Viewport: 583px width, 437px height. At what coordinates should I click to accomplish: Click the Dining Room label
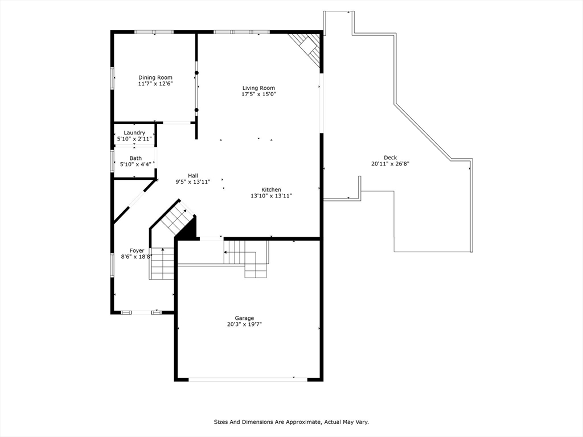[155, 77]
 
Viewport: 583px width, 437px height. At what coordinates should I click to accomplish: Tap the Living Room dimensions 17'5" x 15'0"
[258, 94]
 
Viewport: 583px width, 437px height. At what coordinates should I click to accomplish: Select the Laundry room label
[134, 133]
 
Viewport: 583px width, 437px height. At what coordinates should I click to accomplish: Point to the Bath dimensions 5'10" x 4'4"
[135, 164]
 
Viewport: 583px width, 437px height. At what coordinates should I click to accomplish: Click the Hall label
[193, 175]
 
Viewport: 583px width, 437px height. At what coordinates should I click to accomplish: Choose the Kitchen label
[271, 189]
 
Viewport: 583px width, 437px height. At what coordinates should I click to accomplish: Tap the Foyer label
[137, 250]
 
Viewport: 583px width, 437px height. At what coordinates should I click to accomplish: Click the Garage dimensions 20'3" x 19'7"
[244, 324]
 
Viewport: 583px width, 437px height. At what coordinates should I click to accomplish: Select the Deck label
[390, 158]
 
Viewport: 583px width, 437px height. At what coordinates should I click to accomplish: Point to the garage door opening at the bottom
[248, 379]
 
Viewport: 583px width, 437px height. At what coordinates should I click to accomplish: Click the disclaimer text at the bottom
[291, 422]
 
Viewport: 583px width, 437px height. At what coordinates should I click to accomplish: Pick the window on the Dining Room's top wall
[154, 32]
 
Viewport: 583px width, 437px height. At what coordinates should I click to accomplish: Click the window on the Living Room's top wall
[241, 32]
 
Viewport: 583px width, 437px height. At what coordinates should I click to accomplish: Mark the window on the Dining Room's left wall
[112, 77]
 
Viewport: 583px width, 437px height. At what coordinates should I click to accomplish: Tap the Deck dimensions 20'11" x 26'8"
[390, 164]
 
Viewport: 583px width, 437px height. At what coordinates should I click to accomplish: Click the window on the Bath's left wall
[112, 160]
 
